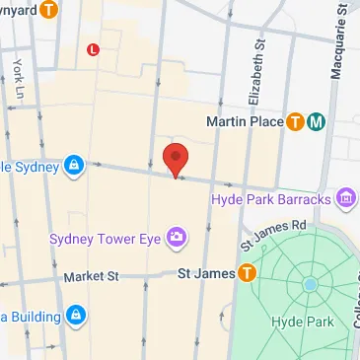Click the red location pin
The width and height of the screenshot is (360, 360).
click(x=176, y=159)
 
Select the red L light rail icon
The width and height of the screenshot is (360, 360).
click(x=94, y=47)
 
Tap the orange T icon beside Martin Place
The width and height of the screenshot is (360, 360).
click(x=295, y=122)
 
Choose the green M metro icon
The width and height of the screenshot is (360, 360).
click(x=317, y=122)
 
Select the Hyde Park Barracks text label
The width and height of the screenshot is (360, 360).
click(x=269, y=200)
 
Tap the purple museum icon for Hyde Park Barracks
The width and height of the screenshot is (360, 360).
click(x=345, y=200)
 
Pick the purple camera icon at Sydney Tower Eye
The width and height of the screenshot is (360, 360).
click(x=177, y=236)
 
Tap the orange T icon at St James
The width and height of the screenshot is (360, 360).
click(x=244, y=273)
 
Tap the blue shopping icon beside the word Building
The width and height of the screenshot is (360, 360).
click(x=75, y=316)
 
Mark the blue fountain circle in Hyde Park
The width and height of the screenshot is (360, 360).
click(x=311, y=285)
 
